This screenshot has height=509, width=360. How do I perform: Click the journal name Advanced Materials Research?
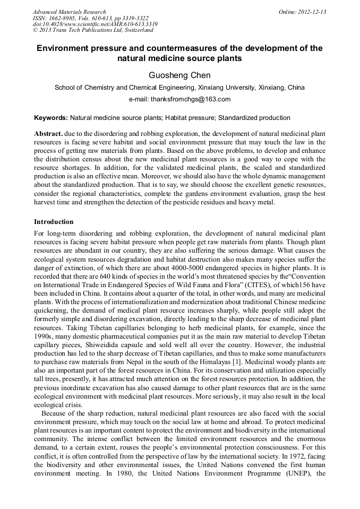coord(70,12)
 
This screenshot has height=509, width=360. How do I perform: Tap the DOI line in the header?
coord(95,24)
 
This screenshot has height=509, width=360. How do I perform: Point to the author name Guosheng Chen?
coord(179,75)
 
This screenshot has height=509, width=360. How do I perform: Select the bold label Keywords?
coord(51,117)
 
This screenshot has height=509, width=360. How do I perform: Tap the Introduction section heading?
coord(54,221)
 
